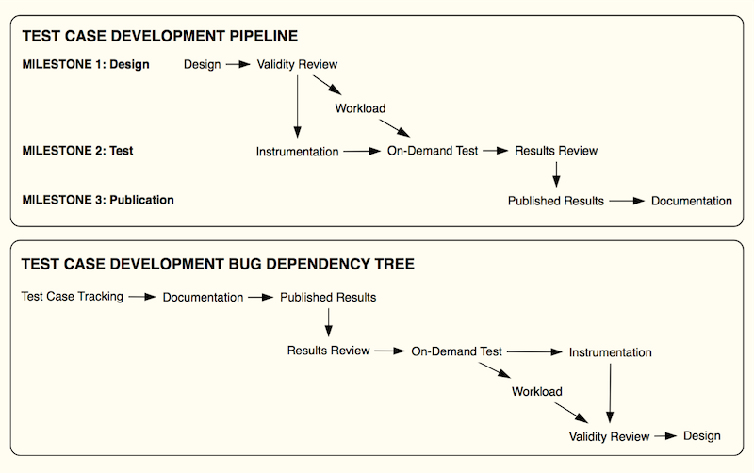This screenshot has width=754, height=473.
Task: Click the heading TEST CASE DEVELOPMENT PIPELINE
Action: pyautogui.click(x=160, y=36)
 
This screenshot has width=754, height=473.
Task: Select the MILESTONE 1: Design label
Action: pyautogui.click(x=86, y=64)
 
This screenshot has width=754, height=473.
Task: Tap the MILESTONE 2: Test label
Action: pyautogui.click(x=77, y=151)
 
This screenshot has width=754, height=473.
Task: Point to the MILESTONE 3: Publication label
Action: pyautogui.click(x=98, y=200)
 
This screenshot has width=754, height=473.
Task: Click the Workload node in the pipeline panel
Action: pyautogui.click(x=360, y=108)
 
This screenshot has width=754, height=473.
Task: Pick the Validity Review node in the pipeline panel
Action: pyautogui.click(x=297, y=64)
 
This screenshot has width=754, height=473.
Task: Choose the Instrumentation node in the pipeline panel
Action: pyautogui.click(x=297, y=152)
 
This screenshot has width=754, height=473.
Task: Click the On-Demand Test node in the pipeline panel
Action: pyautogui.click(x=433, y=151)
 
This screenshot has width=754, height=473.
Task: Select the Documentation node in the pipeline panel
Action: pyautogui.click(x=692, y=201)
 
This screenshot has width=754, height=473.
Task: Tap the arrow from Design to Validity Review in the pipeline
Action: pyautogui.click(x=238, y=64)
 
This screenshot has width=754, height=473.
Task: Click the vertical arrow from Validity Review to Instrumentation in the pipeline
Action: pyautogui.click(x=297, y=106)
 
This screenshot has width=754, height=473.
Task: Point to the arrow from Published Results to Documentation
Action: pyautogui.click(x=627, y=201)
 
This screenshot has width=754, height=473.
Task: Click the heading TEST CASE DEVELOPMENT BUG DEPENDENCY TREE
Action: pyautogui.click(x=218, y=264)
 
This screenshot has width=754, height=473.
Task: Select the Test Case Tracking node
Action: pyautogui.click(x=73, y=297)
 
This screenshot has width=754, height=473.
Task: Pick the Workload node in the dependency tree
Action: pyautogui.click(x=536, y=391)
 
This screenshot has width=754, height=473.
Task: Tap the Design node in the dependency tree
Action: pyautogui.click(x=701, y=436)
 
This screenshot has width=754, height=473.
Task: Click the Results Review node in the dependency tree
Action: pyautogui.click(x=328, y=351)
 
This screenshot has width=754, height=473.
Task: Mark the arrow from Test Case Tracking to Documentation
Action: pyautogui.click(x=142, y=297)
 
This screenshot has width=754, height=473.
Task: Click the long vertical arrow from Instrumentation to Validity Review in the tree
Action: pyautogui.click(x=610, y=393)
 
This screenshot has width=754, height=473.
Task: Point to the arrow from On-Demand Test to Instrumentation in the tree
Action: pyautogui.click(x=534, y=351)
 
